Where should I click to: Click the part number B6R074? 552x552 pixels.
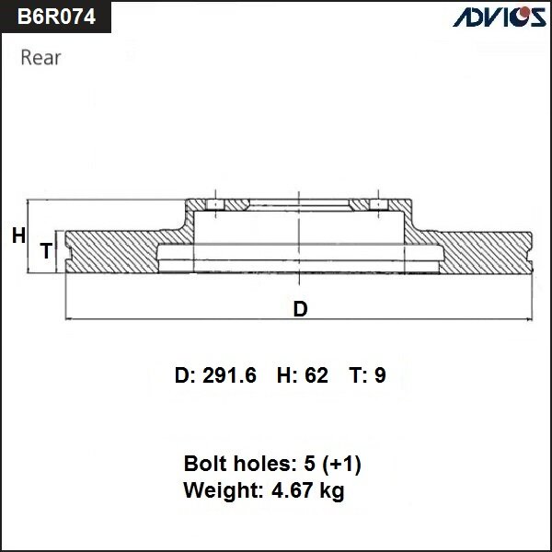pyautogui.click(x=54, y=17)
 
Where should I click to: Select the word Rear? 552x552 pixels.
pyautogui.click(x=40, y=58)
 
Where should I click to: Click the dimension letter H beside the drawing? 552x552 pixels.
pyautogui.click(x=18, y=236)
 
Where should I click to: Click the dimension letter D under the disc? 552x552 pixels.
pyautogui.click(x=300, y=309)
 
